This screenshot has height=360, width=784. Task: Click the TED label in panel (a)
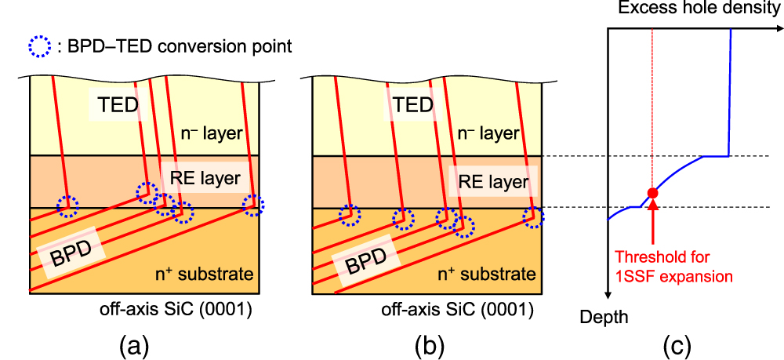point(116,105)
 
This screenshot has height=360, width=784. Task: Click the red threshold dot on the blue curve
point(652,193)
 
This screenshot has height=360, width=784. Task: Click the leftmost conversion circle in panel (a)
point(67,206)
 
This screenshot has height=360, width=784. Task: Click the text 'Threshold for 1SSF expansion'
point(673,267)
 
